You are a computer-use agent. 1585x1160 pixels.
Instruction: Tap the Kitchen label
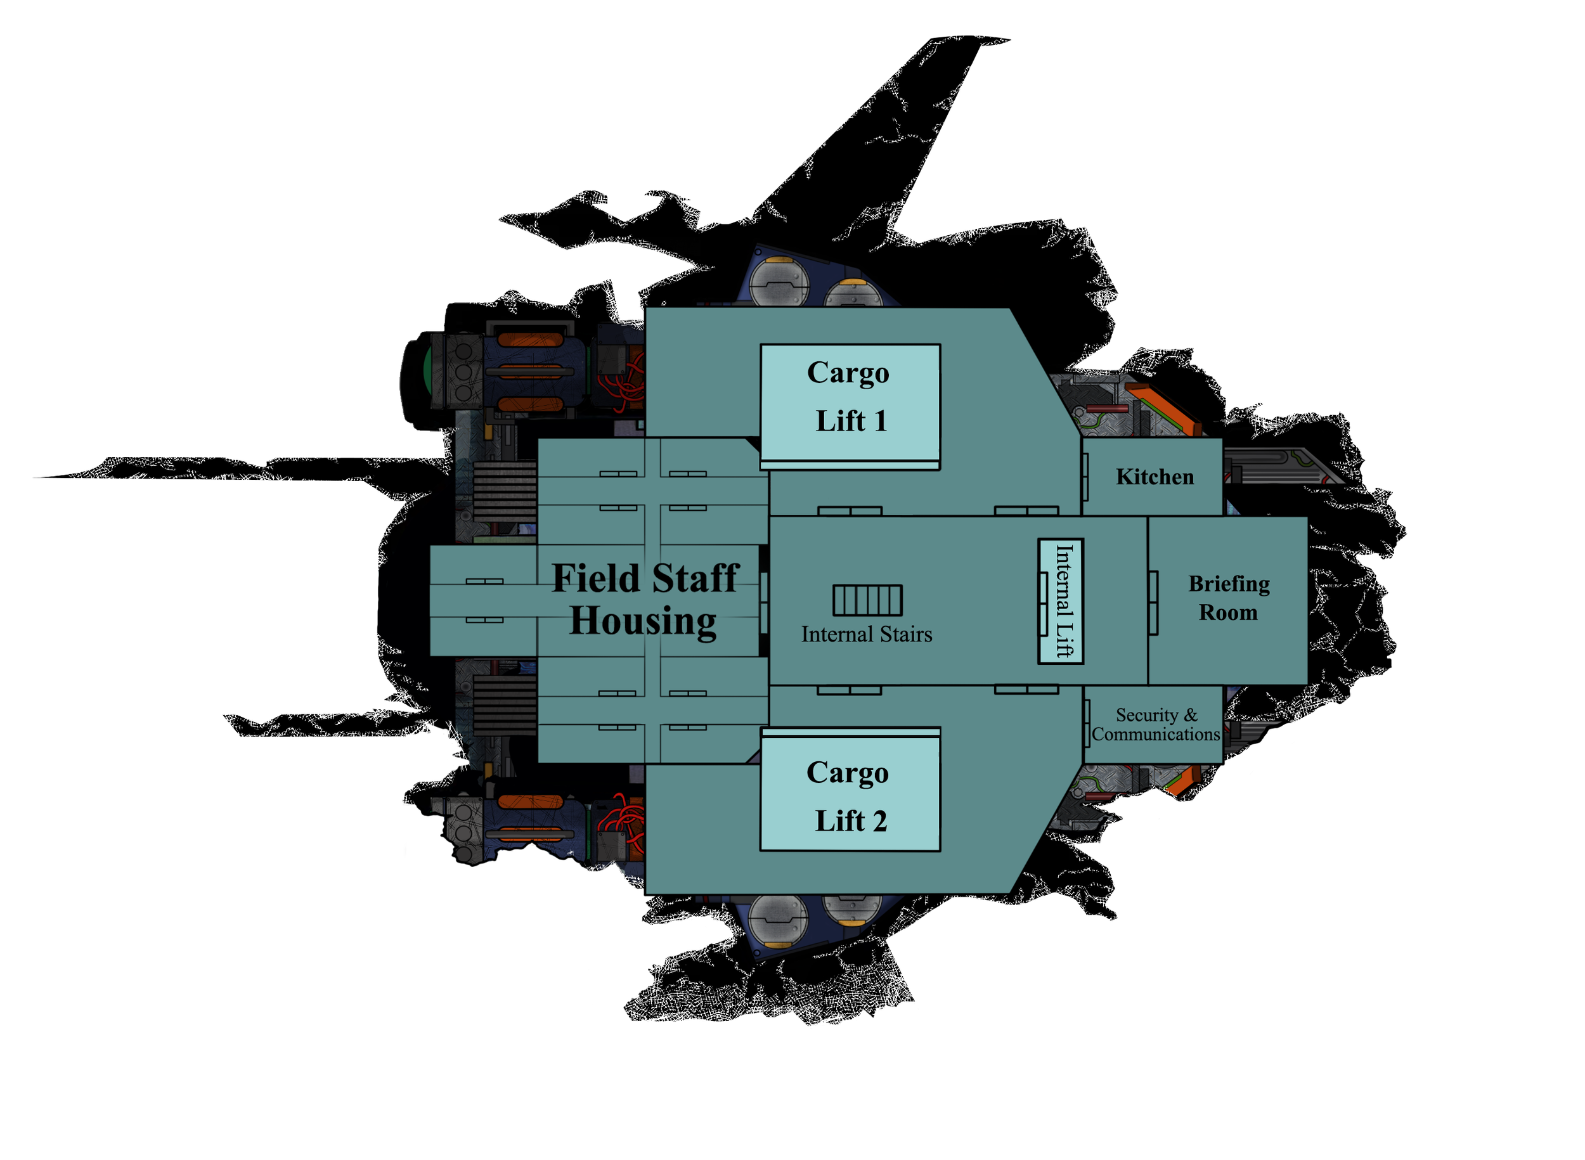[1155, 477]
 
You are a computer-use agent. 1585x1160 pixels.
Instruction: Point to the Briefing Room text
[1228, 598]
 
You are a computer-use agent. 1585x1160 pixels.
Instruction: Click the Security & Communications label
[1156, 725]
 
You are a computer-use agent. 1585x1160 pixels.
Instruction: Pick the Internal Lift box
[1061, 601]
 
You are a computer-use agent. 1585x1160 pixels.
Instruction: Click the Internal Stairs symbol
[867, 600]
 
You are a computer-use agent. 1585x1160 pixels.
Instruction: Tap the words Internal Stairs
[867, 635]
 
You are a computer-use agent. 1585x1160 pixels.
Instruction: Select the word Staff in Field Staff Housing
[695, 579]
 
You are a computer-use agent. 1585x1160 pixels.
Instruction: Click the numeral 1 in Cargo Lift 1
[880, 422]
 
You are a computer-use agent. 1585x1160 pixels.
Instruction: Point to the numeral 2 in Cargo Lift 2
[879, 822]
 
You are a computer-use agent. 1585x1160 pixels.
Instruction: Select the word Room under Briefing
[1227, 613]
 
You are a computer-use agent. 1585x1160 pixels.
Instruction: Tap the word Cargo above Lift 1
[848, 373]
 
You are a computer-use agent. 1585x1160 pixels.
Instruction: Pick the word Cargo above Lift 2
[847, 774]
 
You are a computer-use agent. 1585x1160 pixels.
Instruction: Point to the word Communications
[1156, 735]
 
